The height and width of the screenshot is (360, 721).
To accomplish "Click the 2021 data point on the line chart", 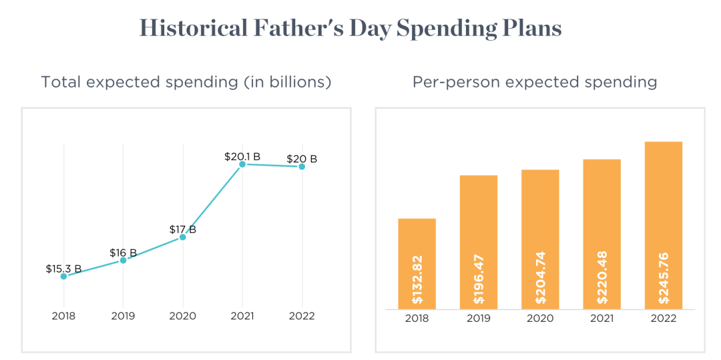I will coord(242,164).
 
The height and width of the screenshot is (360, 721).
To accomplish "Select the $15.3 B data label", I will coord(63,269).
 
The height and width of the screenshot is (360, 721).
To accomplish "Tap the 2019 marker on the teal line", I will coord(123,260).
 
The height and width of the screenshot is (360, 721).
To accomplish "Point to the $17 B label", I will coord(182,230).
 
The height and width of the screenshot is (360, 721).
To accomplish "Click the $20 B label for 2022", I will coord(302,159).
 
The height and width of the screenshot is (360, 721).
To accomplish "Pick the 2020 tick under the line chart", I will coord(182,316).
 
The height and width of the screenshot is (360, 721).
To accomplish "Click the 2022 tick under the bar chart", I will coord(663,318).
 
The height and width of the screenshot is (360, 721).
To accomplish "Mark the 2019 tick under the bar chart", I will coord(479,318).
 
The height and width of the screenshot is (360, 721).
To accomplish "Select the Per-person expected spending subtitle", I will coord(534,82).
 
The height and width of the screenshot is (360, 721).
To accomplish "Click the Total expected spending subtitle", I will coord(186,82).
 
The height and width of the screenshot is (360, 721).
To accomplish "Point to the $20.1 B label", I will coord(242,157).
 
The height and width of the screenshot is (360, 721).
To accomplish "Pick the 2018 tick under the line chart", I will coord(63,316).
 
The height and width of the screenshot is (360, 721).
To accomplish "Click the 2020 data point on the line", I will coord(182,237).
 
